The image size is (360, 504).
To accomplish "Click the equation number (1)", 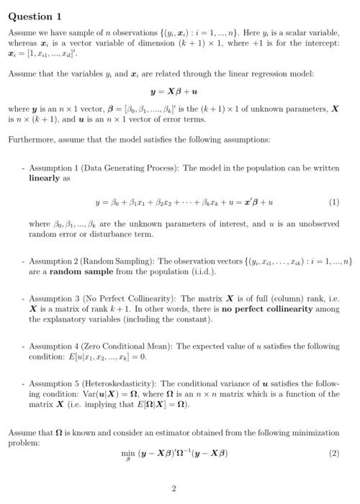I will pos(333,202).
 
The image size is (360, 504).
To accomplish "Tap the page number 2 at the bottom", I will pos(174,489).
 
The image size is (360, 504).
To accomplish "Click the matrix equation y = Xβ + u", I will pos(174,92).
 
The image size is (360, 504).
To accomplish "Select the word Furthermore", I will pos(30,139).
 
